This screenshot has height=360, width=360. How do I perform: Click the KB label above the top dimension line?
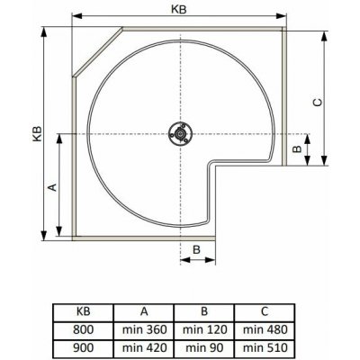point(179,9)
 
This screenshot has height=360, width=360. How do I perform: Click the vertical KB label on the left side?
point(37,134)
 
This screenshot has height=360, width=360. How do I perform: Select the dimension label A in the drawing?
point(52,187)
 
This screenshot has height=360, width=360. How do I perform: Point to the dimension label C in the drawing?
point(318,103)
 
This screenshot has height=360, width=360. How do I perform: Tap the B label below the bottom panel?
point(196,249)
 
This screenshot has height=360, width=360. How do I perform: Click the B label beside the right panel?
point(297,148)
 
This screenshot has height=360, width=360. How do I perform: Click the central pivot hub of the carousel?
point(180,134)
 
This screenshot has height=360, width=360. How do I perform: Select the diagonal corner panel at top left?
point(98,52)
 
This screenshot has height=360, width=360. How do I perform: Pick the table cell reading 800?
point(84,329)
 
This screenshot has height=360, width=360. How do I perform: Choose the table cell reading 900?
point(84,347)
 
